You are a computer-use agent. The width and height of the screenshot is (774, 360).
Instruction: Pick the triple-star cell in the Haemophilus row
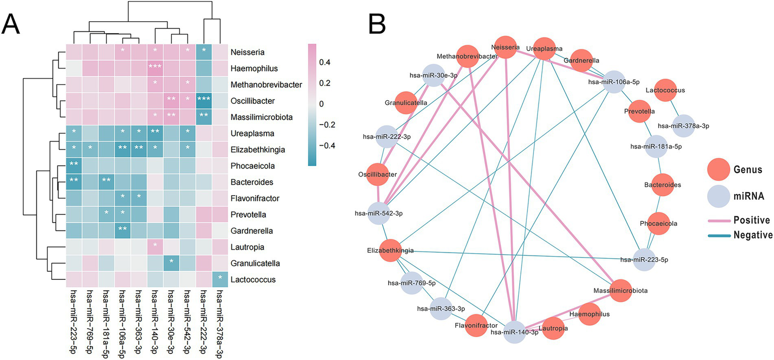point(155,68)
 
